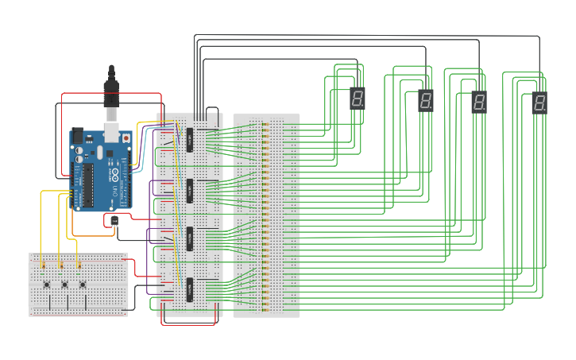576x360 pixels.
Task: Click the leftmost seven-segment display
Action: (358, 99)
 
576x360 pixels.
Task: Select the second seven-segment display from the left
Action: (426, 101)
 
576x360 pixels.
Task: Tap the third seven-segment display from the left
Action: (479, 102)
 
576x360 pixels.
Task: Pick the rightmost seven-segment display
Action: (539, 103)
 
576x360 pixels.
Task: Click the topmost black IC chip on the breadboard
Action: (190, 139)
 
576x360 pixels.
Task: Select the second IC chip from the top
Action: (190, 191)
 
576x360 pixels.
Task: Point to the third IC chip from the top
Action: (190, 239)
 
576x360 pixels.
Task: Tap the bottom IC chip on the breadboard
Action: (190, 289)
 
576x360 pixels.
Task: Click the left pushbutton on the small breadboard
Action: (47, 284)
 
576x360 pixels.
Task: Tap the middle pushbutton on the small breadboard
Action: (64, 284)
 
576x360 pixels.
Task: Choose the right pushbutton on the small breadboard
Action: (83, 284)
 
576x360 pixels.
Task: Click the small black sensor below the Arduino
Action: (114, 221)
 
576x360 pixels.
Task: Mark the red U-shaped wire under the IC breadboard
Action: (188, 322)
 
